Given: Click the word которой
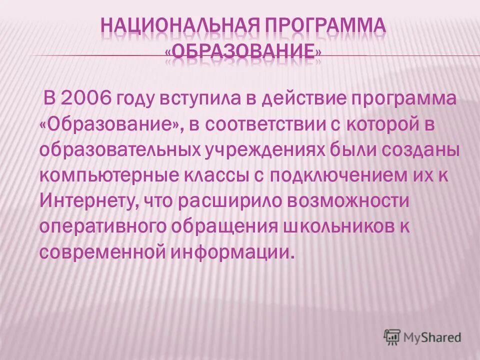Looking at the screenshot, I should click(x=378, y=124).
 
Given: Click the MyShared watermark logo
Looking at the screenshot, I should click(x=422, y=337).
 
